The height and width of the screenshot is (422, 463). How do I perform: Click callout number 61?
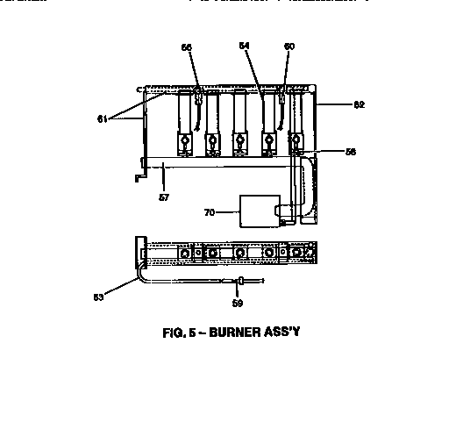102,118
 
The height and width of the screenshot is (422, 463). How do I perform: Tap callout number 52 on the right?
334,104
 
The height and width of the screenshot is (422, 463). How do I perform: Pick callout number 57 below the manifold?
163,197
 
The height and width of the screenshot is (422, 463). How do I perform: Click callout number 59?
238,304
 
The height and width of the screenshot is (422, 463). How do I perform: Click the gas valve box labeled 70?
258,210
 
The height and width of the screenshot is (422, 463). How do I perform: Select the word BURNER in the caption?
247,332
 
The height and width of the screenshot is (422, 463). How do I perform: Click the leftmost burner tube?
185,123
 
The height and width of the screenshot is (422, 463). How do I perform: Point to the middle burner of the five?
239,123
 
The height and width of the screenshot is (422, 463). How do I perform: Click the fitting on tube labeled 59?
239,281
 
